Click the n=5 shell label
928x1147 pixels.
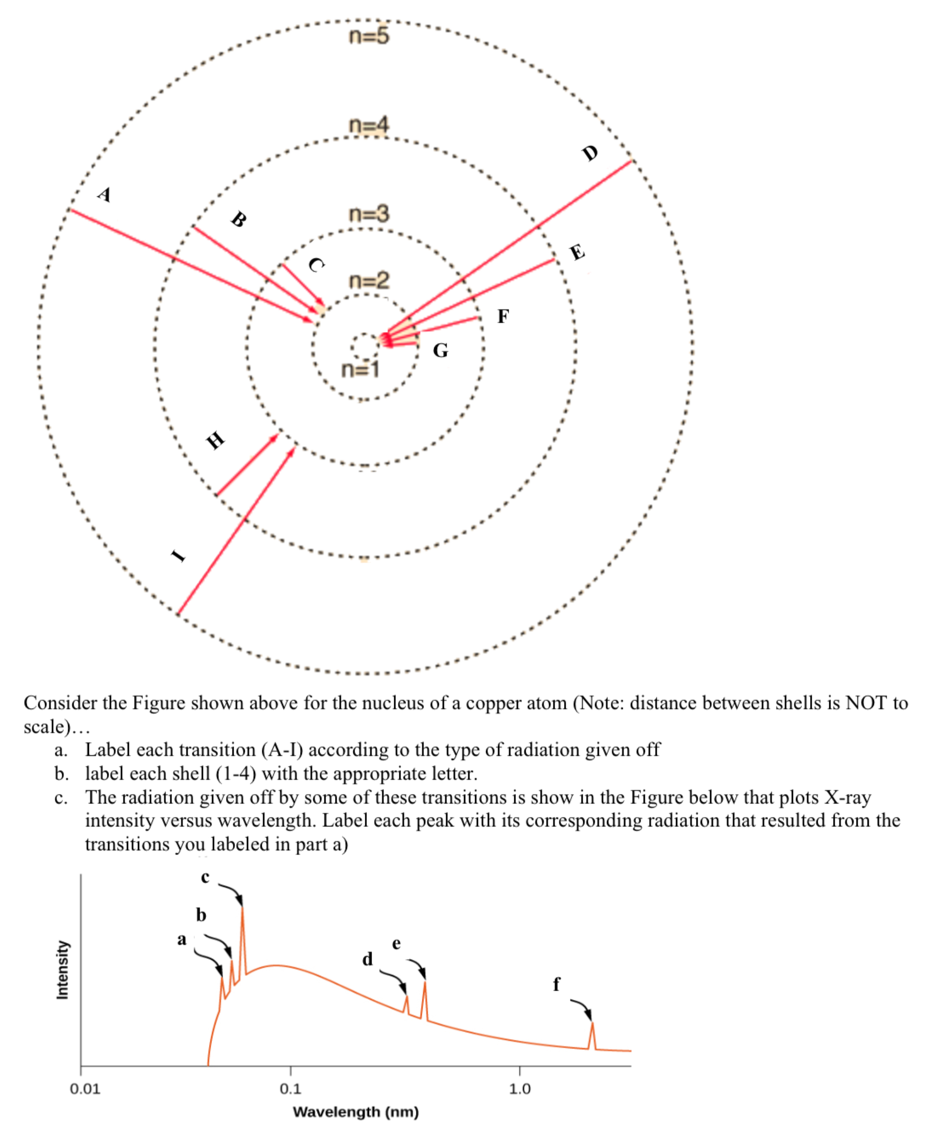click(369, 36)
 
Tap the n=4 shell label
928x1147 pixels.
click(369, 126)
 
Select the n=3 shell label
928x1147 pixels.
click(369, 214)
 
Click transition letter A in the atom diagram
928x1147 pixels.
click(105, 194)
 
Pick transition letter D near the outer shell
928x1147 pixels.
click(590, 153)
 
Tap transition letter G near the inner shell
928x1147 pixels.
click(441, 351)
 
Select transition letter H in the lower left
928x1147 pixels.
click(215, 441)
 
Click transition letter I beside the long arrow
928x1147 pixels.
click(178, 556)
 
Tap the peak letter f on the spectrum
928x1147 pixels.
click(556, 984)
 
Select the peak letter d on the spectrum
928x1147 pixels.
click(367, 959)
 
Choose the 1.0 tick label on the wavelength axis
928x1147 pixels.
click(520, 1088)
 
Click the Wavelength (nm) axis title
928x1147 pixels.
click(355, 1112)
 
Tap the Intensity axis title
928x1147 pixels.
click(63, 970)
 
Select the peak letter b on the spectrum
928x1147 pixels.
click(201, 915)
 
